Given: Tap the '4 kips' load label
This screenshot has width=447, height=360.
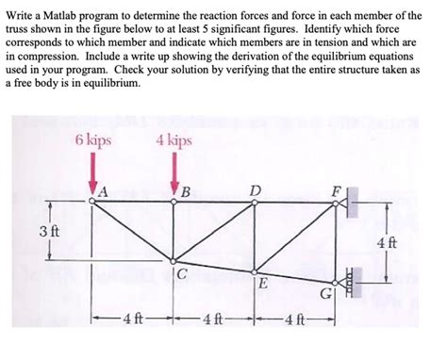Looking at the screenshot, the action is tap(174, 140).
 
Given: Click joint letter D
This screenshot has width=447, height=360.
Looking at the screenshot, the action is tap(256, 191).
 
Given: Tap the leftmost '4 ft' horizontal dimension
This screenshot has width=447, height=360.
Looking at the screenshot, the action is tap(132, 315).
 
